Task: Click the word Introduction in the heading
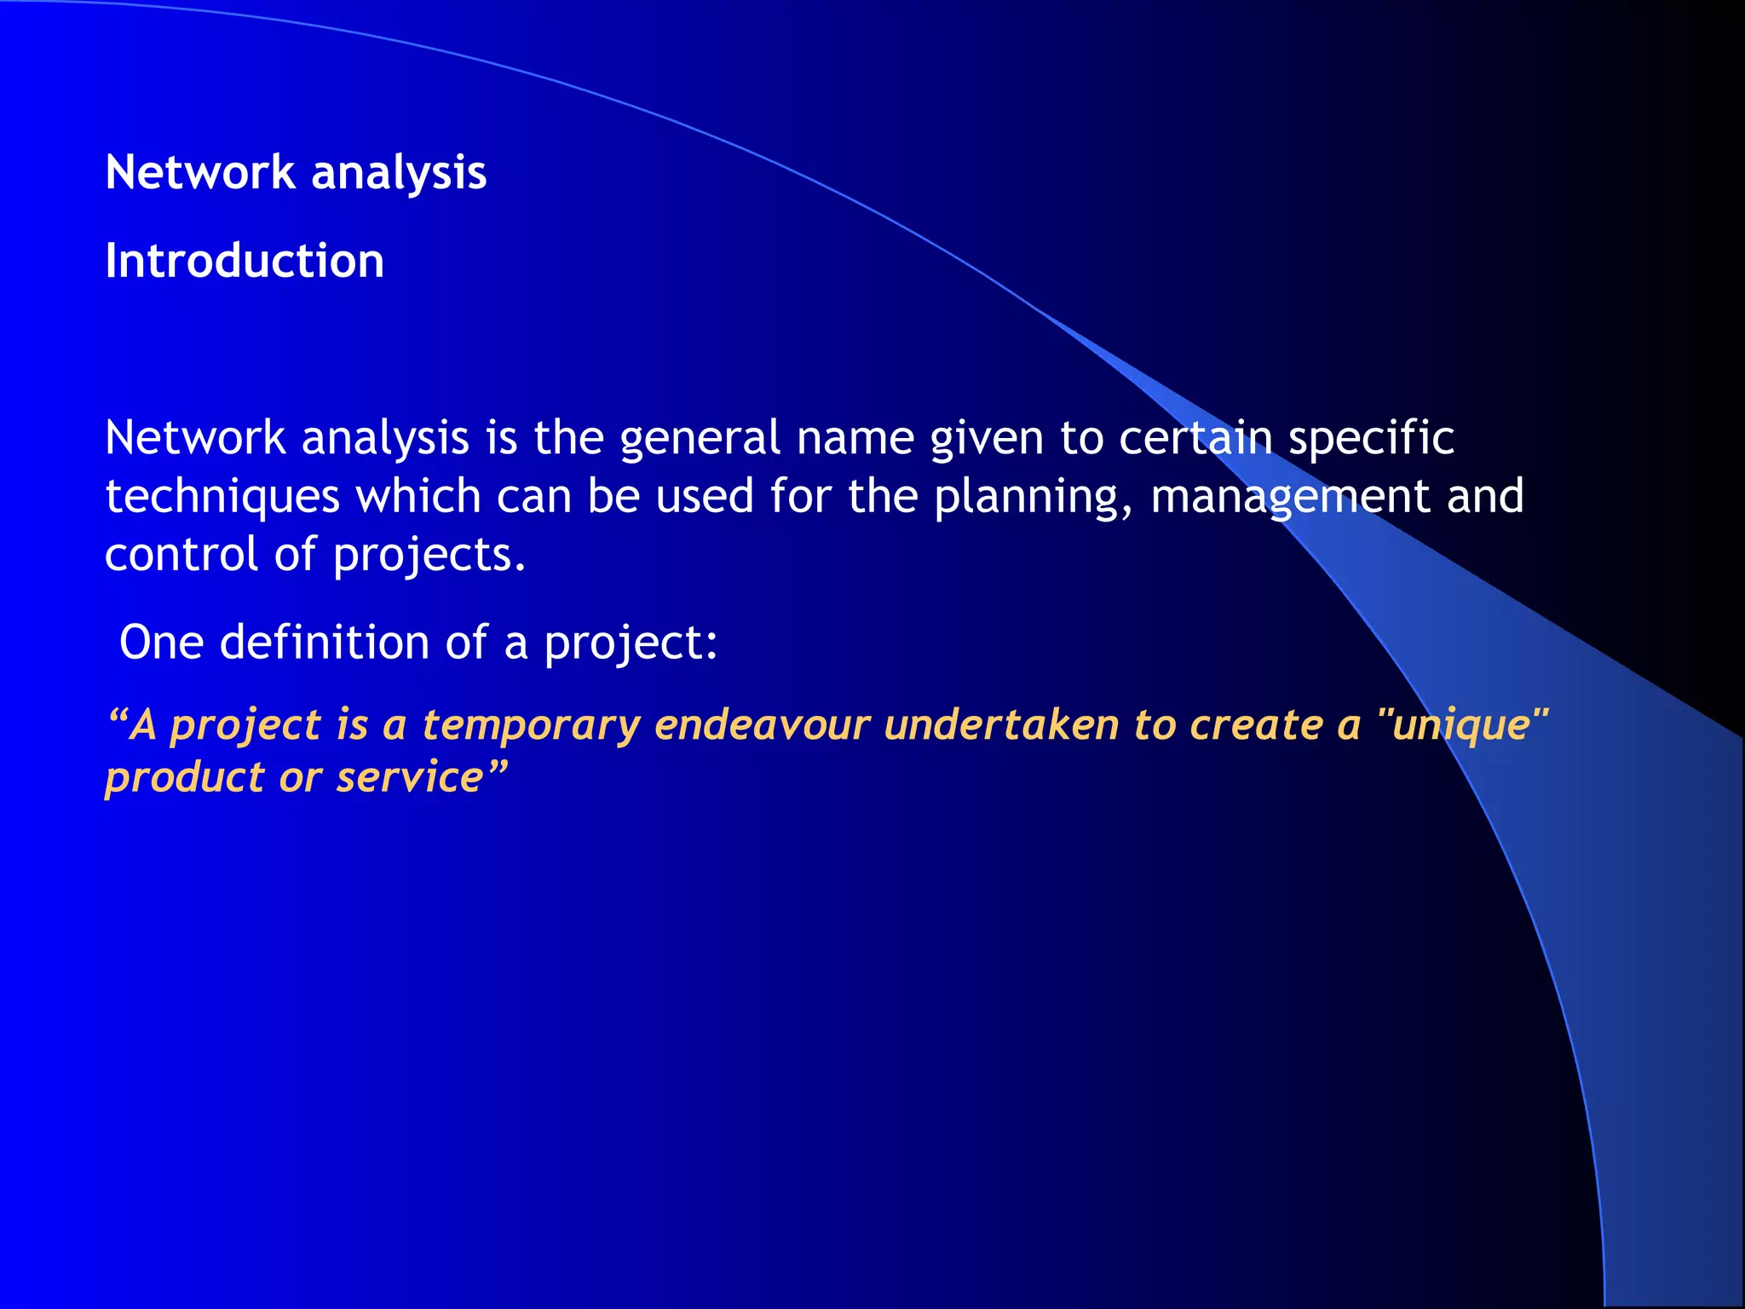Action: [x=245, y=261]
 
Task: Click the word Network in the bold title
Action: [x=199, y=173]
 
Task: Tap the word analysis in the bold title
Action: [x=399, y=173]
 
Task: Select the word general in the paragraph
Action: [x=700, y=439]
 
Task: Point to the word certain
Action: [x=1195, y=438]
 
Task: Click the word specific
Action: [x=1371, y=439]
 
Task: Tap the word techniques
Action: [x=222, y=498]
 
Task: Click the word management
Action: [x=1290, y=498]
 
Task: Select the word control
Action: [x=181, y=555]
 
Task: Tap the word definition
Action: [x=325, y=643]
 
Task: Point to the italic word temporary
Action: [x=531, y=726]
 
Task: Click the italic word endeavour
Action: [x=763, y=725]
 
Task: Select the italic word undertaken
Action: [x=1001, y=725]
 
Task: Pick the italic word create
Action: [x=1256, y=725]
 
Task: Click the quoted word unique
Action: [x=1461, y=726]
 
